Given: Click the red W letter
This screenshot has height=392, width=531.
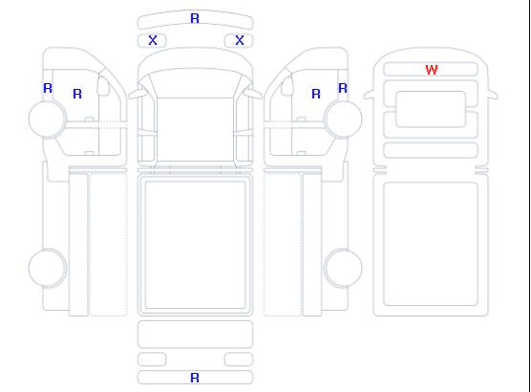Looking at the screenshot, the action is point(432,70).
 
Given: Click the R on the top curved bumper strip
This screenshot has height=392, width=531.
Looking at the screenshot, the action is point(195,18).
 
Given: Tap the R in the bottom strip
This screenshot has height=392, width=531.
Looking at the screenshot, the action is point(195,378).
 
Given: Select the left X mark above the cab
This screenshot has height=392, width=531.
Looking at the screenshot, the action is point(153,40).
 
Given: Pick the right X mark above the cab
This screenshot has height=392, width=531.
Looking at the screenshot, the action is point(240,40).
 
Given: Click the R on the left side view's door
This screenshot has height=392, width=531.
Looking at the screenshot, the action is point(77,94).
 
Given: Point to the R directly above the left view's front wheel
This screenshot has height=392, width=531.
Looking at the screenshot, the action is point(48,88).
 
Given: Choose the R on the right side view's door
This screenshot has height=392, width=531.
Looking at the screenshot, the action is point(316,94).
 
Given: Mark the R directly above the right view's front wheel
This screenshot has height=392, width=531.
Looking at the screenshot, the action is point(343,88).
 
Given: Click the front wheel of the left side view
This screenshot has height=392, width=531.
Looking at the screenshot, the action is point(48,119).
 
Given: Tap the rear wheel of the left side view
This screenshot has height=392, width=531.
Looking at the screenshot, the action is point(48,268).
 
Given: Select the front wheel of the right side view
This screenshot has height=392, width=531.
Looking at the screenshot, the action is point(343,119).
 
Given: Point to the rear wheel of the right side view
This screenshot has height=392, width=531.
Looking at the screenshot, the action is point(343,268).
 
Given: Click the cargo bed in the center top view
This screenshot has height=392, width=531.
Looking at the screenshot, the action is point(195,245).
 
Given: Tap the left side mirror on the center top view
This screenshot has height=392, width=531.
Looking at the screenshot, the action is point(138,93).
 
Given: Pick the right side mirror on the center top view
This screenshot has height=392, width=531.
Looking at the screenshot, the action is point(253,93).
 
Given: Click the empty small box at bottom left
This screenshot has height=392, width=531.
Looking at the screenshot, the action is point(152,359).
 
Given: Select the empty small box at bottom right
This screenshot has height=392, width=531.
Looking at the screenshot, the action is point(239,359).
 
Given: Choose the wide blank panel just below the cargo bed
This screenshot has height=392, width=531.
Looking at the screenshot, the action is point(195,334).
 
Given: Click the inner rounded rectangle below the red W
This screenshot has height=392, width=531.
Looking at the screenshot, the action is point(431,109).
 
